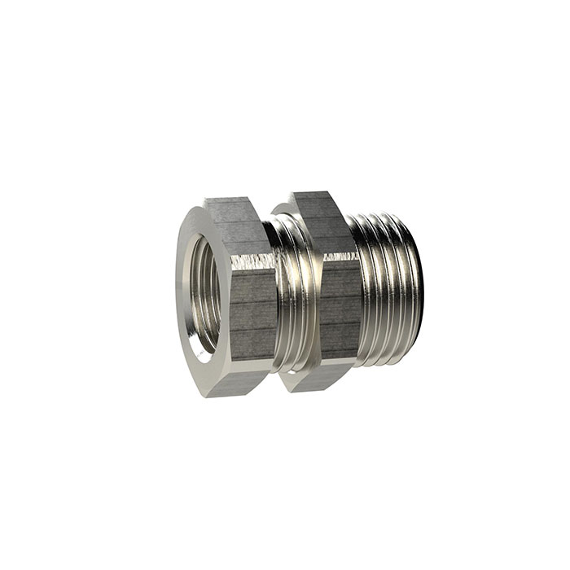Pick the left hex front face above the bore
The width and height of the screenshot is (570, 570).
199,232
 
